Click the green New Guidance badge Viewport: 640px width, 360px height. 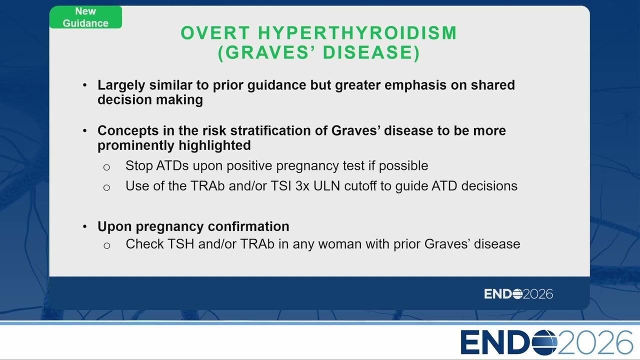tap(85, 17)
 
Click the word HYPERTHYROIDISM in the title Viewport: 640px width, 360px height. tap(357, 33)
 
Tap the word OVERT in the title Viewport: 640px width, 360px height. tap(215, 33)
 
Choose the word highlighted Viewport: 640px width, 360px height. tap(214, 145)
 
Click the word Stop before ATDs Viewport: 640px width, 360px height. tap(139, 166)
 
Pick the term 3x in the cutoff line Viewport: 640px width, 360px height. tap(302, 186)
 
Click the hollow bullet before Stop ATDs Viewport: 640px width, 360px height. tap(106, 167)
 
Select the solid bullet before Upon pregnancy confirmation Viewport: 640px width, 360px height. tap(84, 226)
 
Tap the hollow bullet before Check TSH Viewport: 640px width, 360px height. tap(107, 245)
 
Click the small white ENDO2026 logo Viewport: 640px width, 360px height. tap(518, 294)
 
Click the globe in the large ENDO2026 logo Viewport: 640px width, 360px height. tap(544, 342)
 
